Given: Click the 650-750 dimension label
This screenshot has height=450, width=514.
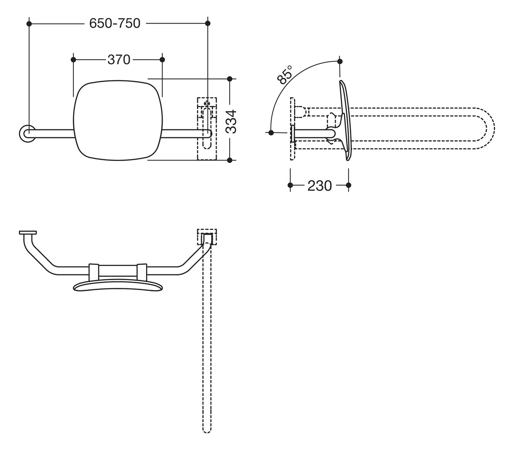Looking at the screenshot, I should click(x=115, y=24).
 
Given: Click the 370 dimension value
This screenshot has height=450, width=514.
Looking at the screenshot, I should click(x=119, y=60).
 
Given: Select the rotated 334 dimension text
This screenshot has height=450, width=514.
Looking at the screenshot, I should click(x=231, y=121).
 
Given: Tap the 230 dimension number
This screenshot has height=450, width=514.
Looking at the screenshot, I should click(x=320, y=186).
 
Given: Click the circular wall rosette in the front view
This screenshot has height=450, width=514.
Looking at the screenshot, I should click(x=27, y=134).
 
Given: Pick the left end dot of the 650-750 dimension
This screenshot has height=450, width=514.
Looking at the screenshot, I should click(x=29, y=24).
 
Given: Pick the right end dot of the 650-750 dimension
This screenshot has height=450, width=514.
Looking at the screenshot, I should click(x=208, y=24).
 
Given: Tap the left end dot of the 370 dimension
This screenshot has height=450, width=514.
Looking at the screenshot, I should click(x=73, y=59).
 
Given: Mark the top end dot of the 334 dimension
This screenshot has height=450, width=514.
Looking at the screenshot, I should click(x=230, y=79).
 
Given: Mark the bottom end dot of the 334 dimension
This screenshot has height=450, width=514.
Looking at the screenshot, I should click(x=230, y=160).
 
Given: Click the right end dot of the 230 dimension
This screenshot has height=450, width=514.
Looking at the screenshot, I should click(x=349, y=185).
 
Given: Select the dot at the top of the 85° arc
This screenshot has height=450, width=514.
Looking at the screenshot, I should click(x=340, y=61).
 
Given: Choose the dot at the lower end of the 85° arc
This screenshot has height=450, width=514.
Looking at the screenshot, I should click(x=271, y=133).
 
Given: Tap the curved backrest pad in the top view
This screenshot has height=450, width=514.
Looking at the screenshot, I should click(x=118, y=286).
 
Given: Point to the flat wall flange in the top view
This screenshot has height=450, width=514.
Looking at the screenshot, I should click(x=28, y=232).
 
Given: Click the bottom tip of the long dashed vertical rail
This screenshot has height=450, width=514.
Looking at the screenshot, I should click(x=207, y=431).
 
